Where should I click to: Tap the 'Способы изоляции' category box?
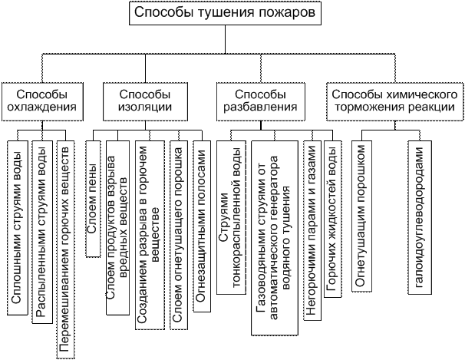pos(144,100)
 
